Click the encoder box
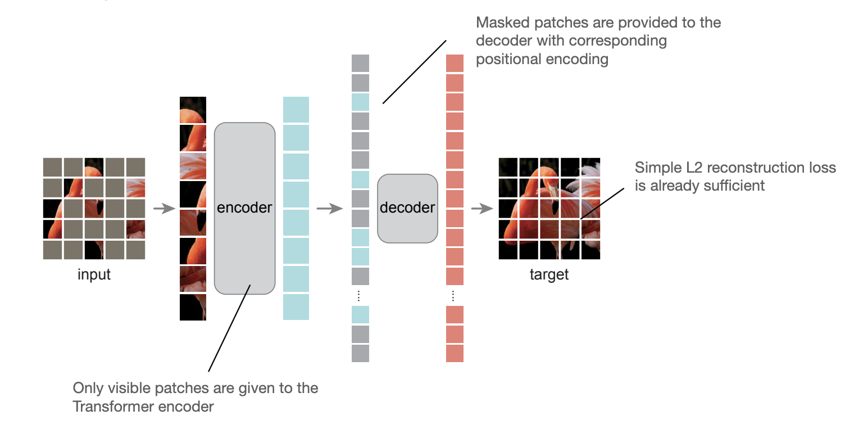244,208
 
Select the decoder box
407,208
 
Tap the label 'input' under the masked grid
94,275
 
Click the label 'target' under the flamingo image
549,275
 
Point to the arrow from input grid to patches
163,209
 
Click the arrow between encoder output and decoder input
329,209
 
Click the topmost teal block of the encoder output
296,110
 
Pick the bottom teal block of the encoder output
296,307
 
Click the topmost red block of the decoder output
455,63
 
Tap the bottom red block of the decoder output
455,353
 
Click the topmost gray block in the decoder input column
361,63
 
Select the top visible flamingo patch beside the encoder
193,110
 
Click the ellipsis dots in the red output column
455,295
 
